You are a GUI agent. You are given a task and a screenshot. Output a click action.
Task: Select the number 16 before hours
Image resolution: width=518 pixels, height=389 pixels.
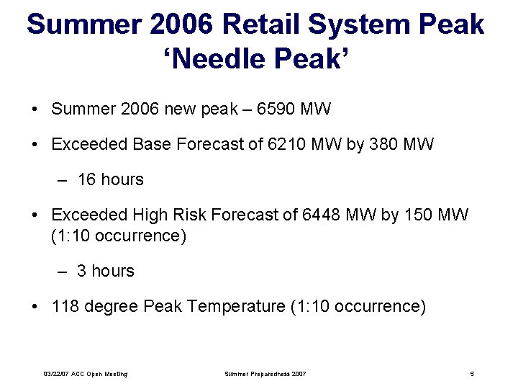tap(86, 180)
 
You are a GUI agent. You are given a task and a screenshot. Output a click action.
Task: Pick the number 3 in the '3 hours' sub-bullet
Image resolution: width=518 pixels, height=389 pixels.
tap(82, 272)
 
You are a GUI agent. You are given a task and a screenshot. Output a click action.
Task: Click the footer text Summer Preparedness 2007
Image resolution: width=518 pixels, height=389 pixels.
tap(265, 374)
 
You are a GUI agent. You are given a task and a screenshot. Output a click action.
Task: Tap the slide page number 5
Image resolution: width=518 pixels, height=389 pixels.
tap(472, 374)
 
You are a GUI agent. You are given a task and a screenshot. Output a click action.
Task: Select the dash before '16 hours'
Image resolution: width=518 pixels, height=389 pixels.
tap(63, 180)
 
